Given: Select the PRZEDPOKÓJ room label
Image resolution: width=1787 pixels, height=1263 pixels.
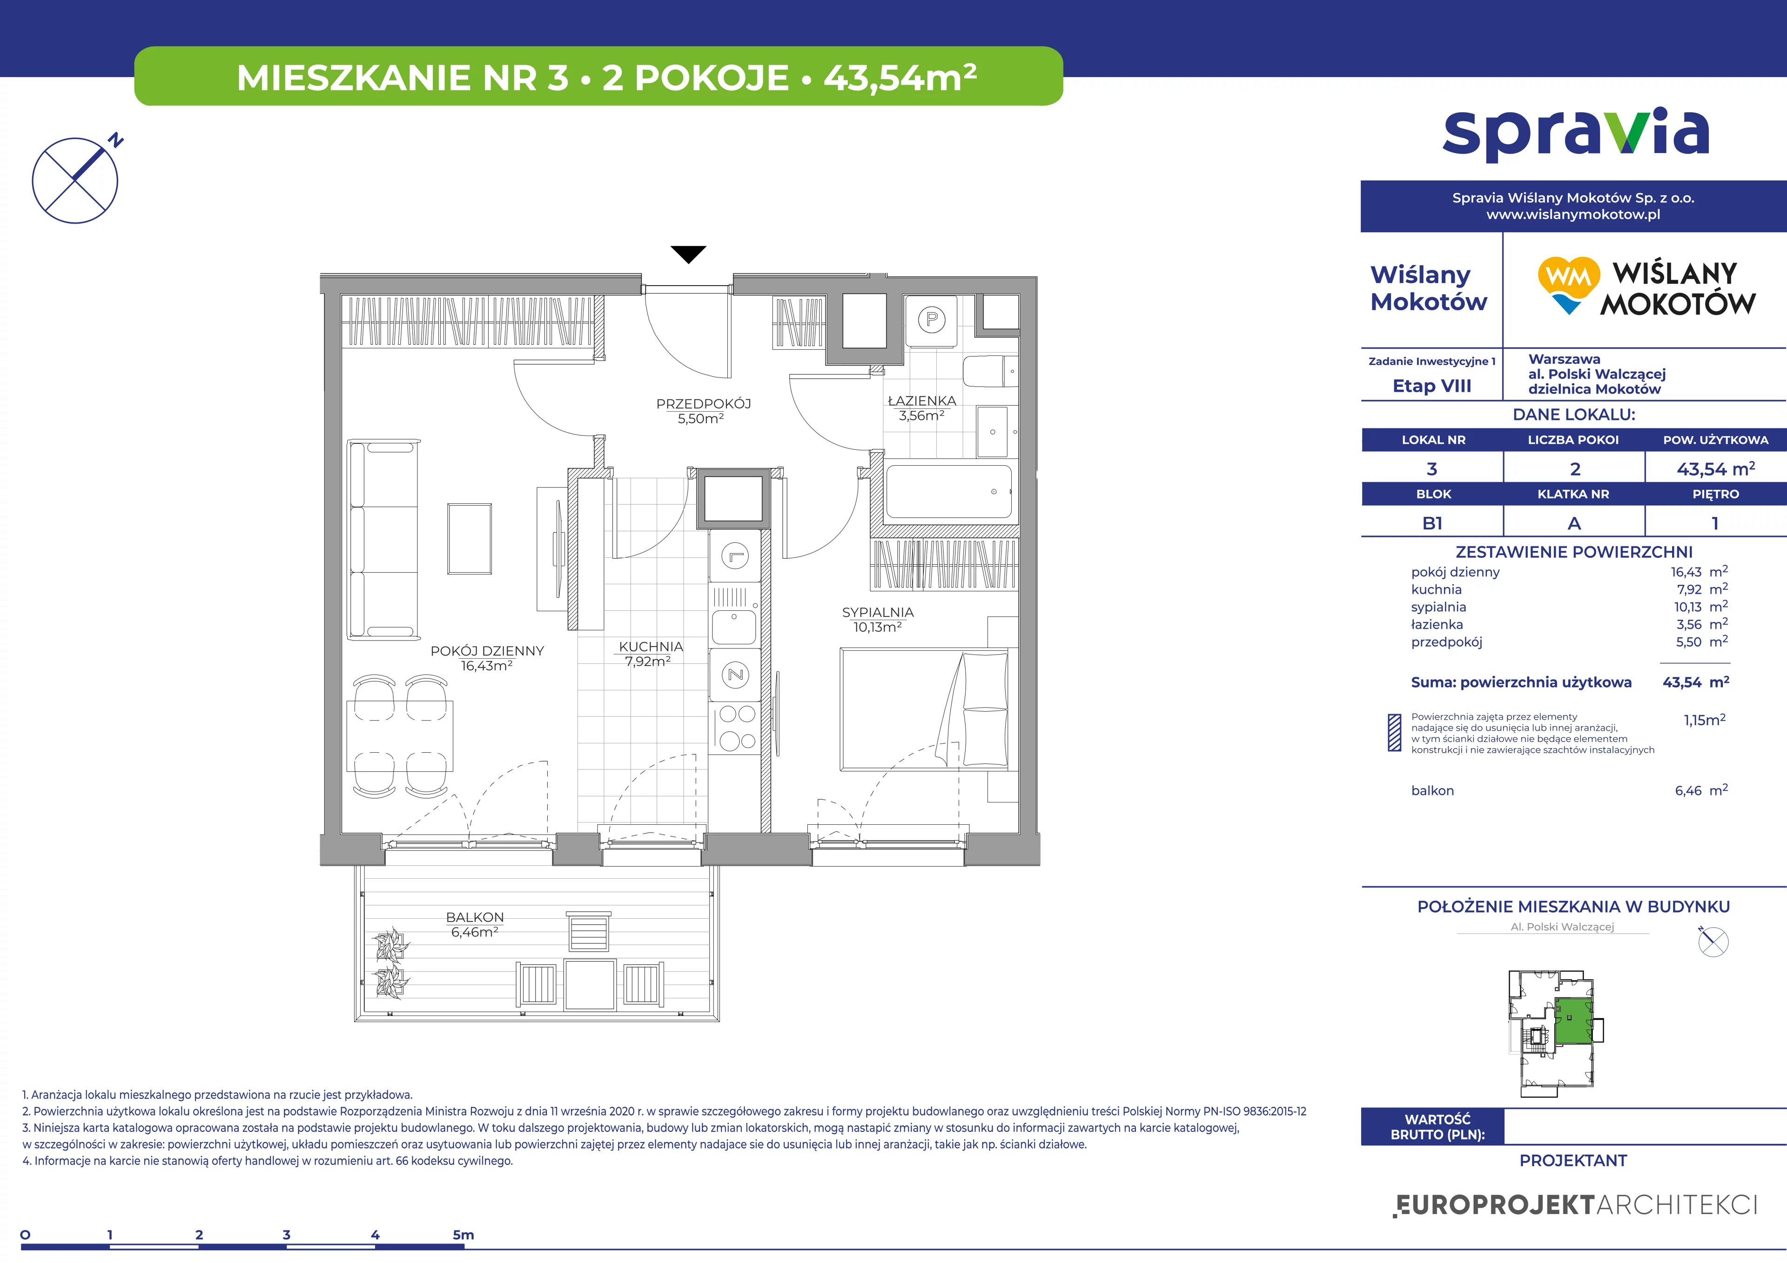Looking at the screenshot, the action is pos(703,404).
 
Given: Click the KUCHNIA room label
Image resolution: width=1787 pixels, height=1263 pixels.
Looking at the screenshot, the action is pos(651,647).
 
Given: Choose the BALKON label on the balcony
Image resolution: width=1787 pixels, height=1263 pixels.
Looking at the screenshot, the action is pos(475,917).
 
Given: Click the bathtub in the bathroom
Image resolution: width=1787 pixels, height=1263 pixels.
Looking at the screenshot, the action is pos(949,492).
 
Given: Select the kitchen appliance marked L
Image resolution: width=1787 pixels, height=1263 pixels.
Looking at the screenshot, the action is pos(735,556).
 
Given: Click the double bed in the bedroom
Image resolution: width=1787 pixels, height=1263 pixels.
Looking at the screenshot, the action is pos(924,710).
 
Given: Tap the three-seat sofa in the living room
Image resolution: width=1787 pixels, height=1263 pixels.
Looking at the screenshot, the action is pos(384,539).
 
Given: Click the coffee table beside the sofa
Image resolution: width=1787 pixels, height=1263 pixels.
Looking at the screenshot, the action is pos(470,539).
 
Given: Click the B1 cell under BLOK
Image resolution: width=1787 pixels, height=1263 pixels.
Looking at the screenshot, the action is pos(1432,523).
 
